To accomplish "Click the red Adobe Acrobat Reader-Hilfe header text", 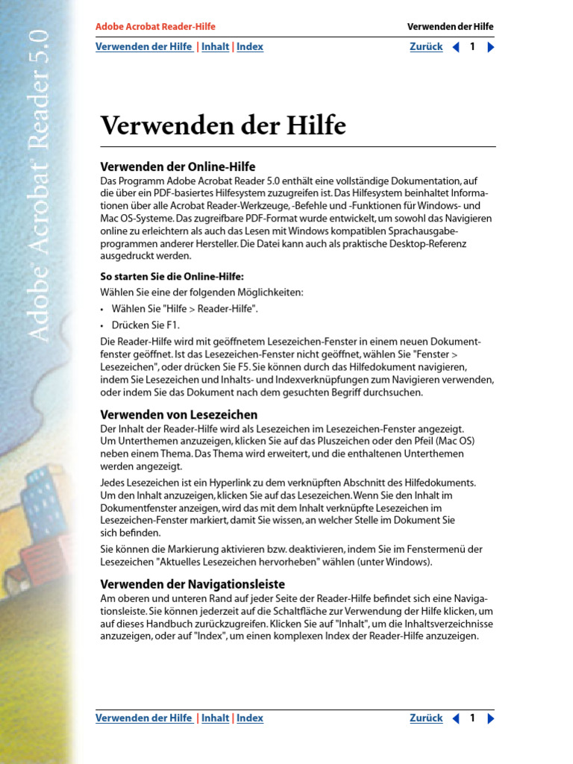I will (155, 27).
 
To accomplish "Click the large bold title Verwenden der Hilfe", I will (223, 125).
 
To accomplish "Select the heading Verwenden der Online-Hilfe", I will (178, 166).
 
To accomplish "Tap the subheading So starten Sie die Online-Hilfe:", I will (172, 276).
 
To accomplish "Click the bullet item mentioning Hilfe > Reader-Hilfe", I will (185, 308).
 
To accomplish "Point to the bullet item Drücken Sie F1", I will (145, 325).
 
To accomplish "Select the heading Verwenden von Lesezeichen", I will (179, 414).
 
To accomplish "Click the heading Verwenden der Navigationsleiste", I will (192, 584).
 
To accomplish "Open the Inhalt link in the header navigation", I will (215, 47).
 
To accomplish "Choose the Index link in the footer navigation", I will (250, 718).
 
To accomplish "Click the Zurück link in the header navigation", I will (426, 47).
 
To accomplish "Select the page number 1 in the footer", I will (472, 718).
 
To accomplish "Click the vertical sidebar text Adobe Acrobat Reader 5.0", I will (39, 187).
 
